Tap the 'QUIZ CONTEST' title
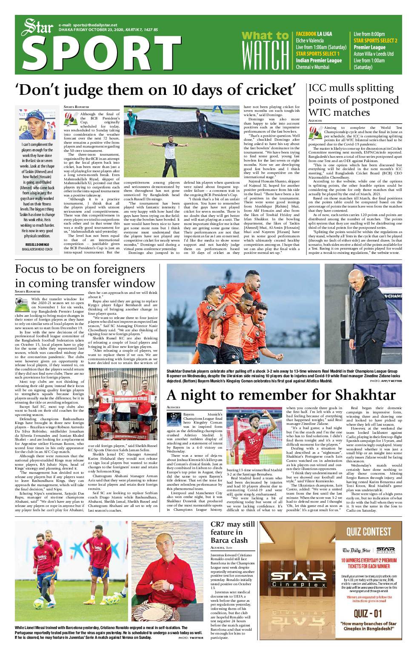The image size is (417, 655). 368,532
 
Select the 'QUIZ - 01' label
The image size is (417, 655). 368,613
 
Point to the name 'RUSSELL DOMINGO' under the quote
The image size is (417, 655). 37,245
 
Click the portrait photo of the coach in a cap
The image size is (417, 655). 37,124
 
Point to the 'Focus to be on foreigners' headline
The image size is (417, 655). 80,269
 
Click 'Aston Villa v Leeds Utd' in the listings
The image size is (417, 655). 373,54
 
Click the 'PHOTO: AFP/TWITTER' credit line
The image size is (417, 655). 386,381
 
